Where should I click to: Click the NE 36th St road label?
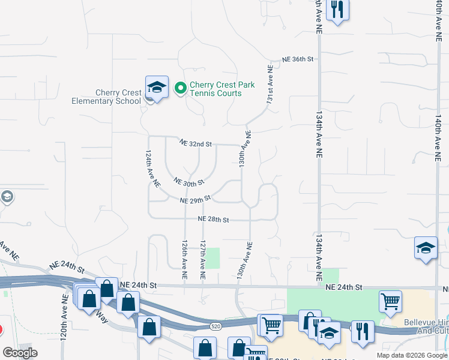point(298,59)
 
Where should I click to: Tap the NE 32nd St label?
point(196,144)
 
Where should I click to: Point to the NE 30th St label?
point(188,181)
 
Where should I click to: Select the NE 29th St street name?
point(195,199)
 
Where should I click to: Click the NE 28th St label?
point(214,220)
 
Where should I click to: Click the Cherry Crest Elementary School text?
point(118,97)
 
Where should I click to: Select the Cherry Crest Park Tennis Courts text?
point(215,89)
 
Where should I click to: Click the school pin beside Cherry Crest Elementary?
point(156,88)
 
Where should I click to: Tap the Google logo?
point(20,353)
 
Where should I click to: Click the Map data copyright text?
point(411,355)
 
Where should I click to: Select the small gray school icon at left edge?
point(7,197)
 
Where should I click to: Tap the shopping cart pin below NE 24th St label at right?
point(390,302)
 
